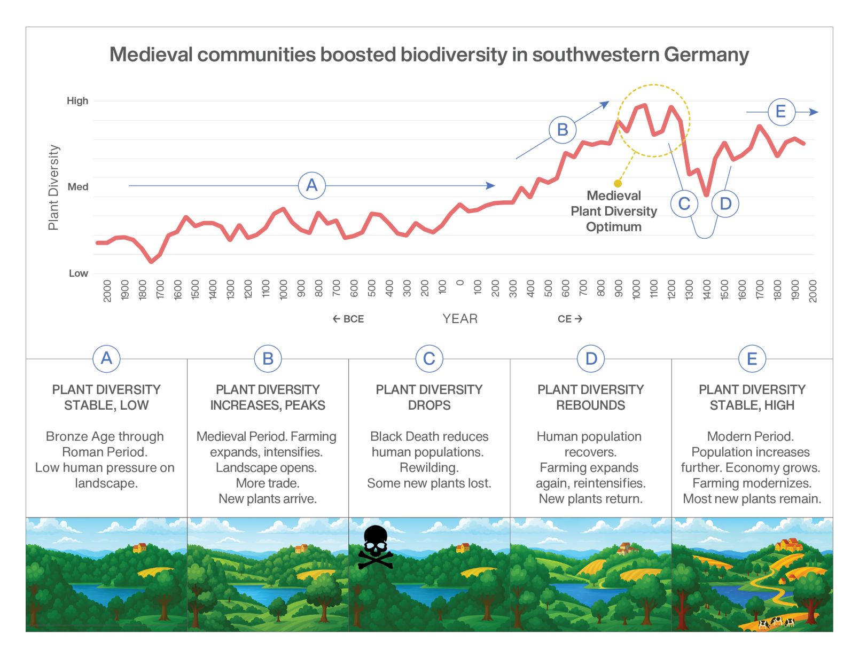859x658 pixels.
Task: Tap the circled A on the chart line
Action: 311,185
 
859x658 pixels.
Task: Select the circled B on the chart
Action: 562,130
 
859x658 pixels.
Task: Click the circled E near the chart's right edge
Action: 780,112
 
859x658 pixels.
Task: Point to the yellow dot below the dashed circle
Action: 618,183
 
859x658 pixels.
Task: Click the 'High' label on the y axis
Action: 77,101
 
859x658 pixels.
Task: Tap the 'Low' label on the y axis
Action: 78,273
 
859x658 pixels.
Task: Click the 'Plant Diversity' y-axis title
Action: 53,187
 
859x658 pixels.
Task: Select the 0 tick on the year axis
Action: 460,283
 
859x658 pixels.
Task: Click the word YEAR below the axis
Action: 460,319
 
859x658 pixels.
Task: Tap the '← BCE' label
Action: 348,319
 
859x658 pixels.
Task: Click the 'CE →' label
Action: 569,319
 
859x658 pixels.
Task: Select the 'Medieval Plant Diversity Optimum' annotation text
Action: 613,211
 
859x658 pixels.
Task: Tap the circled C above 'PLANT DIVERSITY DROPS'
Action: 429,359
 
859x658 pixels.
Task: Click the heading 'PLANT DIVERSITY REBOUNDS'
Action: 590,397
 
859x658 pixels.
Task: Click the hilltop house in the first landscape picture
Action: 139,547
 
